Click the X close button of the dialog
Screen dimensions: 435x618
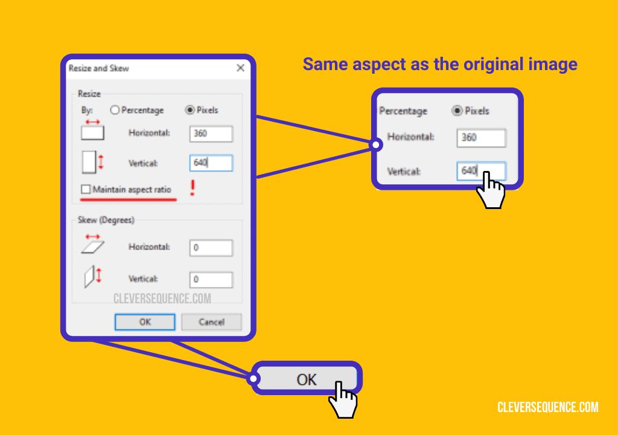click(240, 68)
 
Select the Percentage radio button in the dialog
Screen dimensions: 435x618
click(115, 110)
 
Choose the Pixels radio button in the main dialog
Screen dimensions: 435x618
click(190, 110)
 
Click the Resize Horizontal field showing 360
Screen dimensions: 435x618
click(211, 134)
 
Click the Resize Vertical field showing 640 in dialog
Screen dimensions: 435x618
click(211, 163)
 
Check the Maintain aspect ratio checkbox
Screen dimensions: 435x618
click(86, 190)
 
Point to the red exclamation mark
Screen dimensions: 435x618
click(193, 188)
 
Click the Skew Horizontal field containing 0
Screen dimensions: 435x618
click(211, 247)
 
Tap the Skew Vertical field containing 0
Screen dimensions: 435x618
click(211, 279)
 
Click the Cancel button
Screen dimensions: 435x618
click(211, 322)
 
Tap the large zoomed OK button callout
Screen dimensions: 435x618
click(306, 379)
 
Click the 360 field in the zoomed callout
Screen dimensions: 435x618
click(481, 138)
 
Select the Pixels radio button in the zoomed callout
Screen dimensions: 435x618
click(457, 111)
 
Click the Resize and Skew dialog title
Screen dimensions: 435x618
click(99, 68)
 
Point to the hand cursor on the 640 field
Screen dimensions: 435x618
click(491, 192)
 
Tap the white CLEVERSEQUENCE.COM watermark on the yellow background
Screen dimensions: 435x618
click(548, 408)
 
